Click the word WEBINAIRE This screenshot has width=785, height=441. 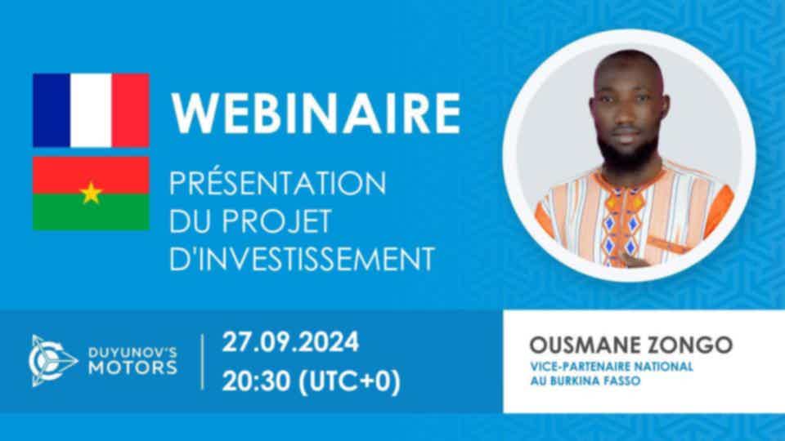click(x=316, y=113)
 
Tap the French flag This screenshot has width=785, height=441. click(x=91, y=110)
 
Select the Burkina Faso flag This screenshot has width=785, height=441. click(x=91, y=194)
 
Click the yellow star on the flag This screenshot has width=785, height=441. click(x=91, y=193)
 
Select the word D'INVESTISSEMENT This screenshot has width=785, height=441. click(x=302, y=259)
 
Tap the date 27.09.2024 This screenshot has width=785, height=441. click(x=290, y=342)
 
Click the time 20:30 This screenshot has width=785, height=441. click(x=256, y=381)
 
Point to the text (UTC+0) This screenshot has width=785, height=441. click(x=349, y=382)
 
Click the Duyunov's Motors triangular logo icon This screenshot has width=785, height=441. click(x=52, y=360)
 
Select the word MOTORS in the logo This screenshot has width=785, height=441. click(x=132, y=368)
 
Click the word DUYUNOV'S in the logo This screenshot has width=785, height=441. click(x=132, y=353)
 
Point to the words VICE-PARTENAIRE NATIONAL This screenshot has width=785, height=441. click(x=612, y=367)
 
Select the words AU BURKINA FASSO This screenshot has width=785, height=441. click(x=585, y=381)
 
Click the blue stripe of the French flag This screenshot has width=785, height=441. click(x=52, y=110)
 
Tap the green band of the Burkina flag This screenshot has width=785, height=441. click(x=91, y=212)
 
